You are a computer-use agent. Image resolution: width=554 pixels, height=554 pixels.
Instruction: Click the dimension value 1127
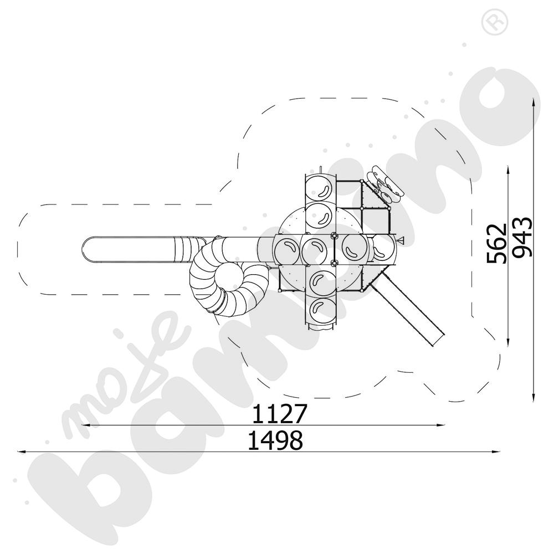[279, 414]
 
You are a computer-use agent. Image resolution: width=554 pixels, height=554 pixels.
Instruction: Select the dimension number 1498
[275, 440]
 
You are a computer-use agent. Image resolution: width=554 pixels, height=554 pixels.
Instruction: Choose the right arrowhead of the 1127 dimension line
[441, 425]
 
